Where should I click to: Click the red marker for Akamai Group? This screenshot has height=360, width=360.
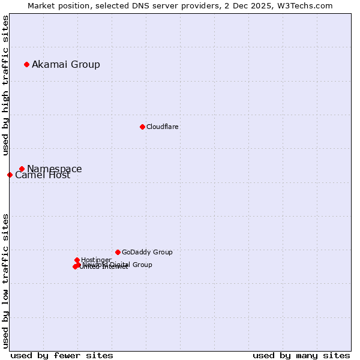(x=26, y=64)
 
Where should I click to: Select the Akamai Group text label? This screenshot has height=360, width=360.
(x=66, y=64)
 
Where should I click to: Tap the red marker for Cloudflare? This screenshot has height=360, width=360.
(x=142, y=127)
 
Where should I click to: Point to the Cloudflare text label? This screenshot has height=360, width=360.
(x=163, y=127)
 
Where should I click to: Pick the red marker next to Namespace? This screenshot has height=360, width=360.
(x=22, y=169)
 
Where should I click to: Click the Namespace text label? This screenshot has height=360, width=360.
(x=55, y=169)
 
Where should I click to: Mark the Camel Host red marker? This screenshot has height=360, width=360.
(x=10, y=175)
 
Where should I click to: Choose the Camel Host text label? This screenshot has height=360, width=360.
(x=43, y=175)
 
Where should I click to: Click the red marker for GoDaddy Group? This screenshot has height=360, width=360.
(x=118, y=252)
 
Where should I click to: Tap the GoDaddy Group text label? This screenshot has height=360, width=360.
(x=147, y=252)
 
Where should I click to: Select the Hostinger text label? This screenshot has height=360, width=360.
(x=96, y=260)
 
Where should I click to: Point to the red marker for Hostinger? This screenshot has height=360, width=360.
(x=77, y=260)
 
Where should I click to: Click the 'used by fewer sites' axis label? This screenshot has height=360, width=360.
(x=62, y=355)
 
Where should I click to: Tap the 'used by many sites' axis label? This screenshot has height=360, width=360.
(x=301, y=355)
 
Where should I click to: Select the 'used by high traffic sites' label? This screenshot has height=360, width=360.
(x=5, y=85)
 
